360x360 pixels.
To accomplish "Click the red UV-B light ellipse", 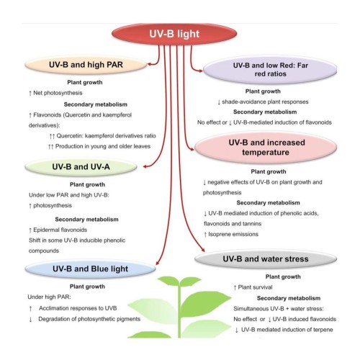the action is pyautogui.click(x=174, y=34).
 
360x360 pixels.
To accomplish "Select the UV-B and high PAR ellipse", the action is pyautogui.click(x=86, y=65).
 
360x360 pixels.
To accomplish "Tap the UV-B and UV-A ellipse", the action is pyautogui.click(x=81, y=167).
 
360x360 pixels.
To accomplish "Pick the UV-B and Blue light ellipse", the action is pyautogui.click(x=90, y=269).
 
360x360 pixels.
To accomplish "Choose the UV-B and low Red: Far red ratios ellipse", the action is pyautogui.click(x=270, y=70).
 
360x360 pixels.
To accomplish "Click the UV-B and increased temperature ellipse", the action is pyautogui.click(x=266, y=148).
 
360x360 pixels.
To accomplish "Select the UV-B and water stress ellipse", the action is pyautogui.click(x=266, y=259).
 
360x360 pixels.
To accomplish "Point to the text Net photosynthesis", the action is pyautogui.click(x=58, y=93).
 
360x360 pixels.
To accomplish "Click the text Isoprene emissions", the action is pyautogui.click(x=233, y=234).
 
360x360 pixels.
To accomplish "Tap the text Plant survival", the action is pyautogui.click(x=255, y=287).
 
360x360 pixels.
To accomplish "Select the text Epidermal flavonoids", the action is pyautogui.click(x=60, y=230).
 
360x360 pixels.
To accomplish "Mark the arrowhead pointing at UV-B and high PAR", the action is pyautogui.click(x=149, y=64).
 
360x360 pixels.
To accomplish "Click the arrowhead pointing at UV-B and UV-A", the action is pyautogui.click(x=145, y=166).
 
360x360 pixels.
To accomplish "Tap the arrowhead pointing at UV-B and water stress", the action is pyautogui.click(x=203, y=250).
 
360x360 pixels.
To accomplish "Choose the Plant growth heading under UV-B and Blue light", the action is pyautogui.click(x=87, y=287).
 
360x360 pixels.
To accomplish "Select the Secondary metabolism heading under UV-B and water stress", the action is pyautogui.click(x=289, y=298).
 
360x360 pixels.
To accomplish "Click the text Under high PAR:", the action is pyautogui.click(x=49, y=297).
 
